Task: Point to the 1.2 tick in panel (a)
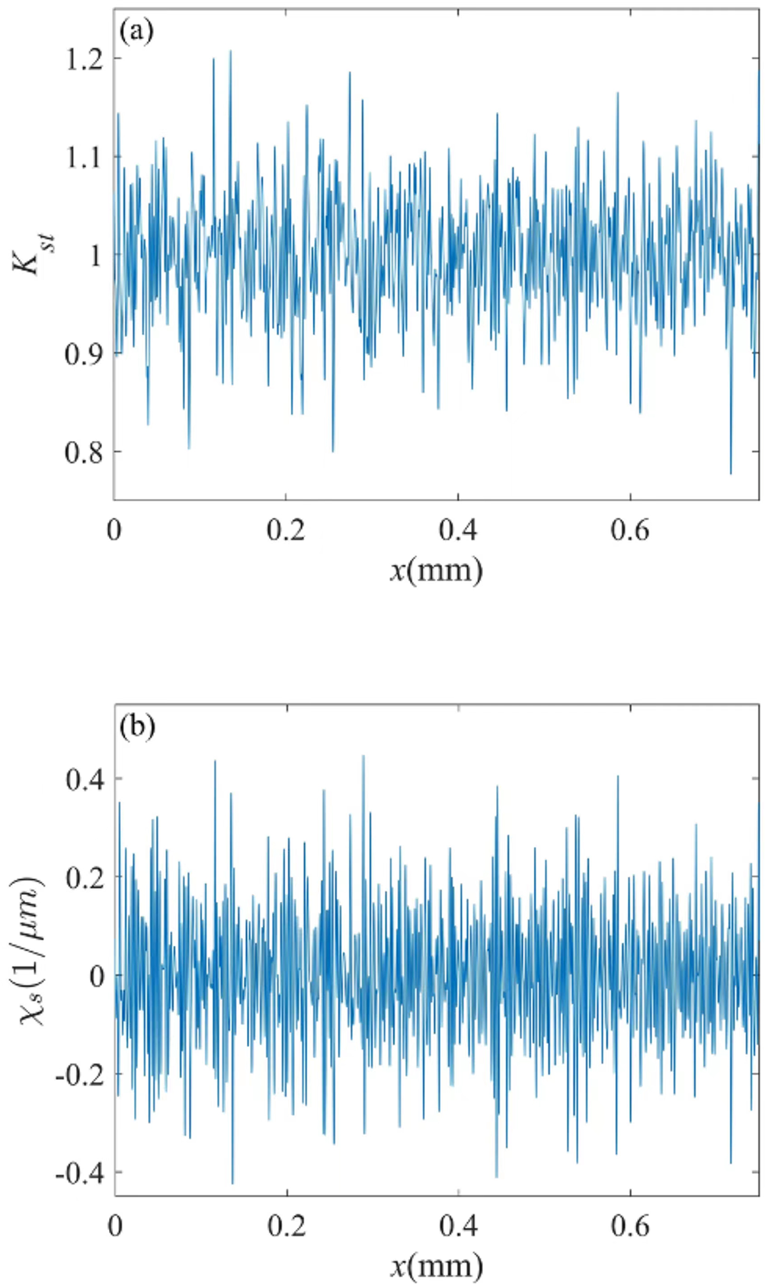85,59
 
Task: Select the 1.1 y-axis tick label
85,157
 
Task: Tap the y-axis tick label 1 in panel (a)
95,255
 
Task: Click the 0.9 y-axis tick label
85,353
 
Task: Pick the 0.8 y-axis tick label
85,452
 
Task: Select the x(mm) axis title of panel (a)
437,570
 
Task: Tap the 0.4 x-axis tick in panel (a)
458,529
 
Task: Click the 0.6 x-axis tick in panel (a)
630,529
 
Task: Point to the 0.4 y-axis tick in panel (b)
85,779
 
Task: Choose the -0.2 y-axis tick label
80,1074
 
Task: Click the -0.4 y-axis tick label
80,1172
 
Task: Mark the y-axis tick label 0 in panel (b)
96,976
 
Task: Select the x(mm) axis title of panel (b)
437,1265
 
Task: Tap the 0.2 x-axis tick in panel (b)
286,1225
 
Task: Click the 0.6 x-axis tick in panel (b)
630,1225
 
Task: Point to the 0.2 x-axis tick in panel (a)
286,529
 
